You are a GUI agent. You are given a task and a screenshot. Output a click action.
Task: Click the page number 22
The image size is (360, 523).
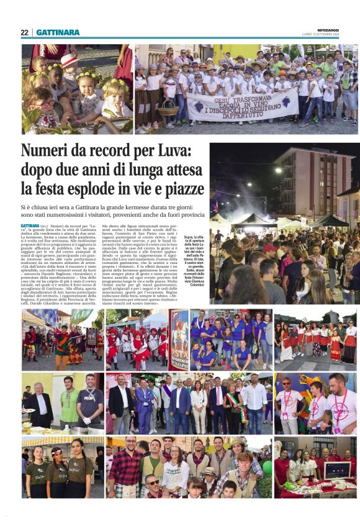pyautogui.click(x=24, y=32)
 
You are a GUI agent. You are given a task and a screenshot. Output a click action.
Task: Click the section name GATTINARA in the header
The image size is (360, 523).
pyautogui.click(x=58, y=32)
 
